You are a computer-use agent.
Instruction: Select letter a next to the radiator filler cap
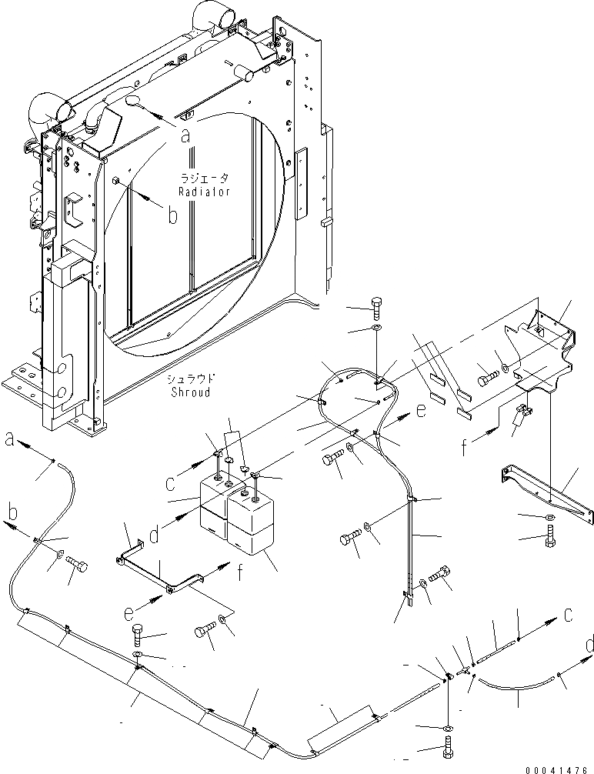point(185,135)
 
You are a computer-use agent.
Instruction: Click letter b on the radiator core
point(172,215)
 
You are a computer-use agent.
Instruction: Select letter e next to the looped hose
point(420,412)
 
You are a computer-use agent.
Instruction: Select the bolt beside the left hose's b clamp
point(77,567)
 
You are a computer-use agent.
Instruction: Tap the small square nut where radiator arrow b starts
point(114,181)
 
